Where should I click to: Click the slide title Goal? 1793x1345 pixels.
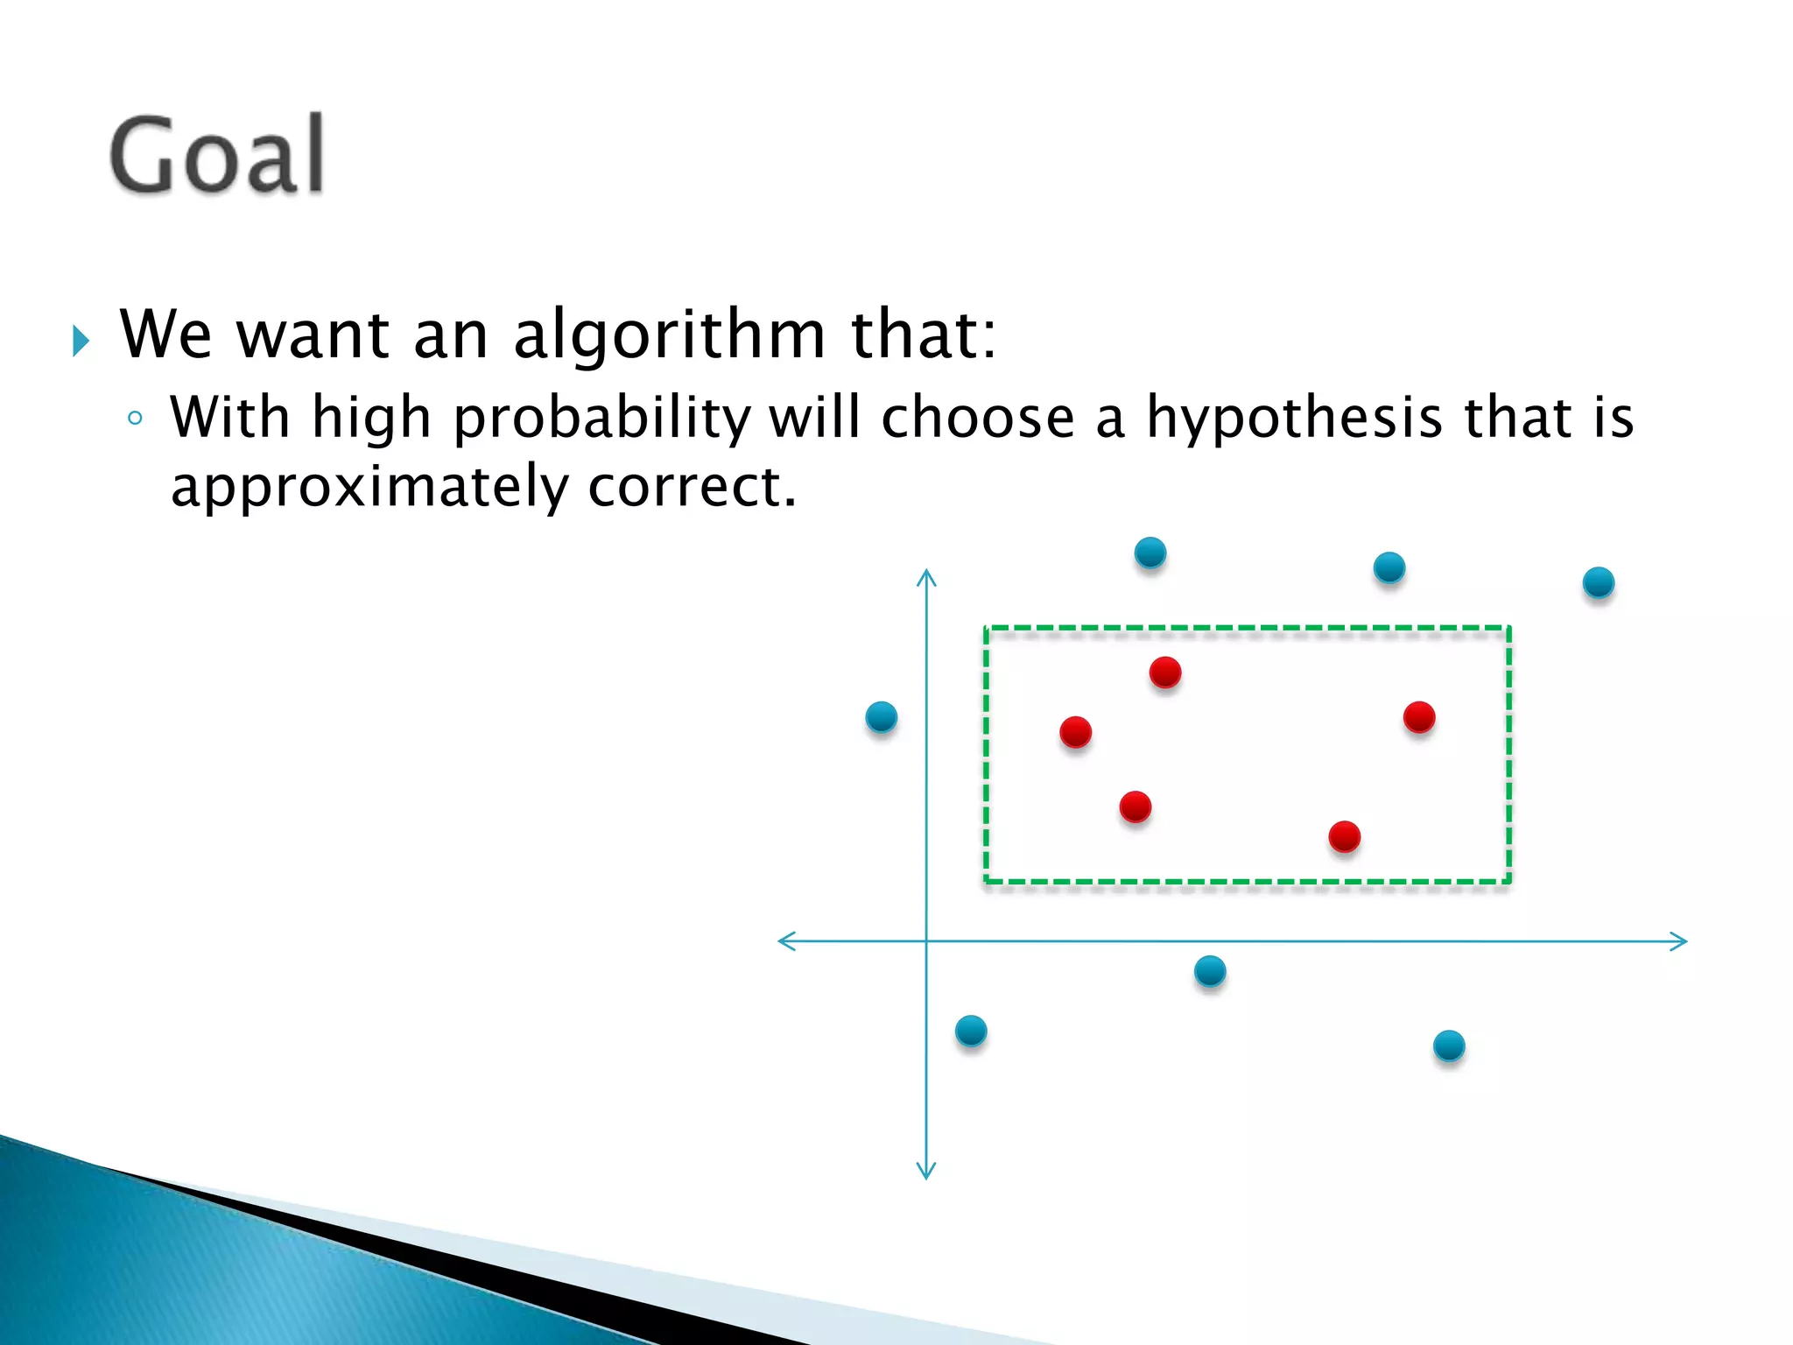click(x=217, y=155)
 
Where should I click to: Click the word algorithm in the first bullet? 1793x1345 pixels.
click(x=669, y=335)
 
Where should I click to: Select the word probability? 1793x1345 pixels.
click(x=601, y=418)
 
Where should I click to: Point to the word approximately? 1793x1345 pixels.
click(x=369, y=488)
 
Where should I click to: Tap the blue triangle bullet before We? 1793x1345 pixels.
click(x=81, y=341)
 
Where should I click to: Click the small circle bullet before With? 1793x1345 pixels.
click(x=134, y=419)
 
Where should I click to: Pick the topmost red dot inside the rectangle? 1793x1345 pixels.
click(x=1165, y=672)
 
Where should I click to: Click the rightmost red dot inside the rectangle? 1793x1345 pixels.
click(x=1418, y=717)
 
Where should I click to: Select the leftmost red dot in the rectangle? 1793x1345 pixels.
click(x=1075, y=731)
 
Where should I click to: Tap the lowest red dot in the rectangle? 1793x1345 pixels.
click(x=1344, y=836)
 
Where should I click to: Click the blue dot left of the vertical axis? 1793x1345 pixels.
click(x=881, y=717)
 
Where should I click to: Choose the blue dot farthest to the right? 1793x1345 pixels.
click(x=1598, y=582)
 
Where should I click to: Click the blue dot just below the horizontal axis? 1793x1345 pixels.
click(x=1210, y=971)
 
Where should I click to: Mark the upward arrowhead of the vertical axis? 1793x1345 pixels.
click(x=926, y=576)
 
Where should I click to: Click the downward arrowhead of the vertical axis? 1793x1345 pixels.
click(x=926, y=1172)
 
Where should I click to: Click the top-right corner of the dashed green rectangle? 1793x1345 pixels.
click(x=1508, y=628)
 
